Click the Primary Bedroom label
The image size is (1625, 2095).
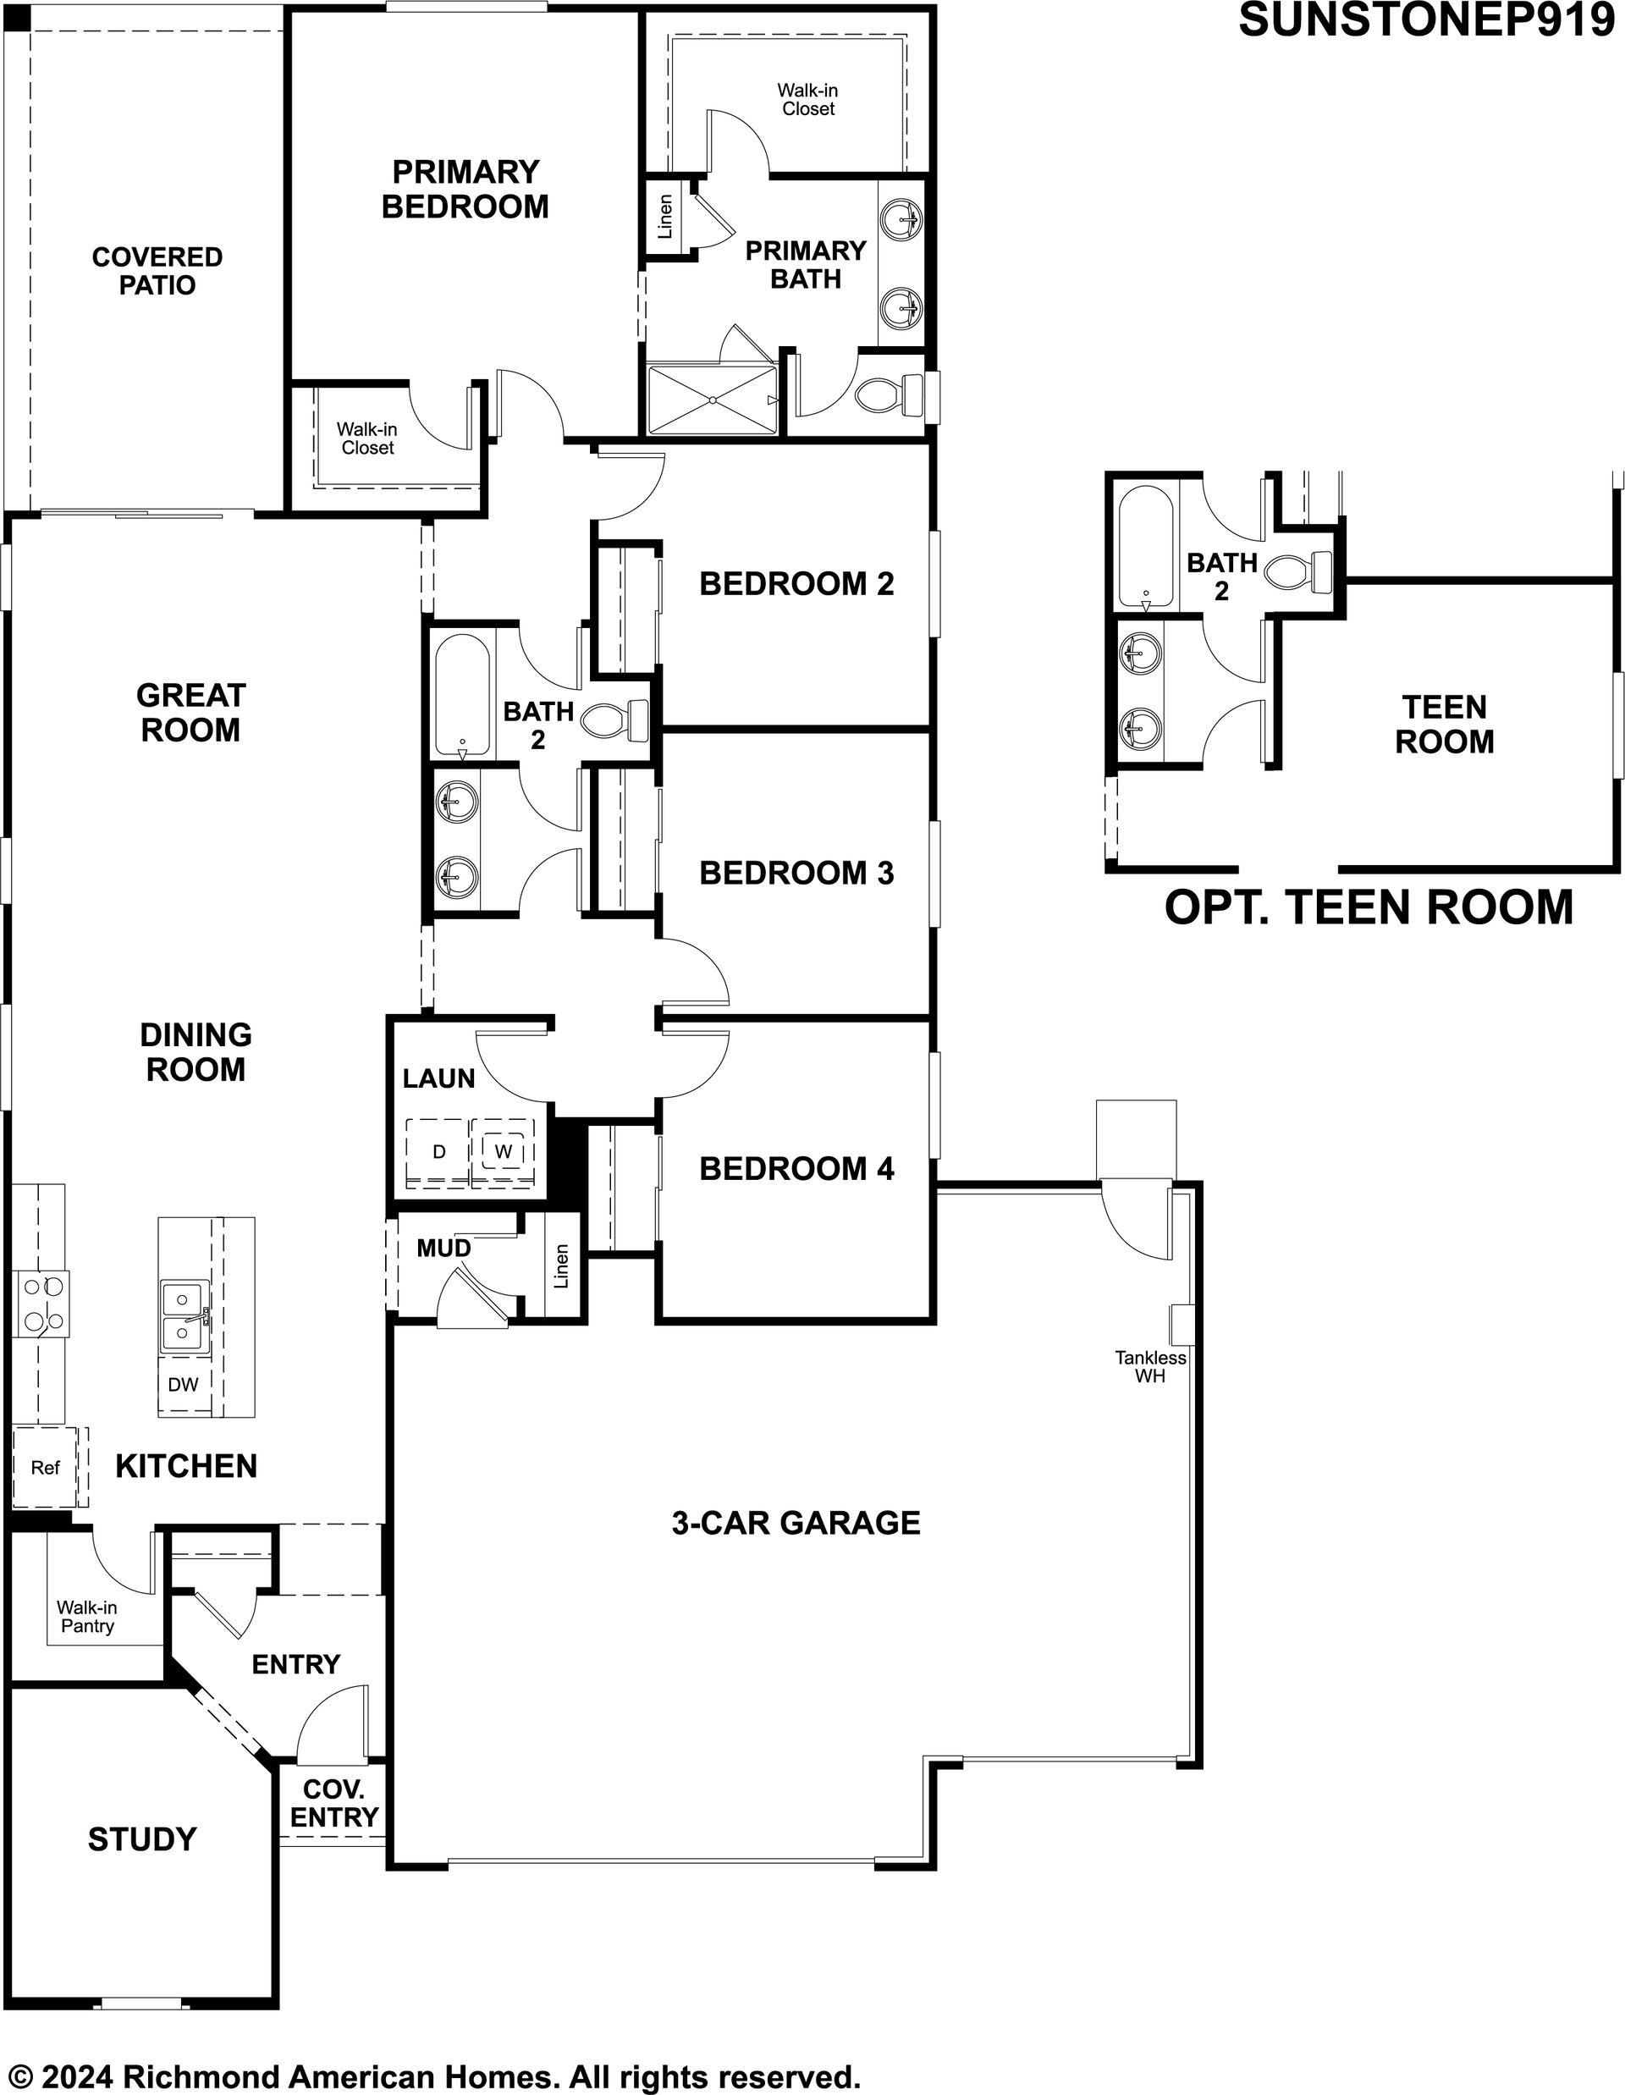[x=465, y=189]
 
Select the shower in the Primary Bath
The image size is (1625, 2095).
[x=712, y=399]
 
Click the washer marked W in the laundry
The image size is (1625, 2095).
[x=503, y=1151]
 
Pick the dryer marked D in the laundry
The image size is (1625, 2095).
[x=438, y=1151]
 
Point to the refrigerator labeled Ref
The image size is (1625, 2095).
[x=45, y=1467]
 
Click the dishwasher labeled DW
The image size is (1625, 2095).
[x=183, y=1384]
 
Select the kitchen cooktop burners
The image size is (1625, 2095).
[x=41, y=1304]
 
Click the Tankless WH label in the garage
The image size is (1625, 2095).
[x=1150, y=1366]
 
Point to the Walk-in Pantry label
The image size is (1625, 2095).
[x=86, y=1617]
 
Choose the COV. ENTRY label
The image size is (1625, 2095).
[x=333, y=1803]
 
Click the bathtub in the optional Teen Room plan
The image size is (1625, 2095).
[x=1144, y=547]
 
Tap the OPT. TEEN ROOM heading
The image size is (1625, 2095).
[x=1369, y=907]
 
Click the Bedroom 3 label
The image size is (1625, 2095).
[x=796, y=873]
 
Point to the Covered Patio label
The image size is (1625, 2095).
[x=157, y=271]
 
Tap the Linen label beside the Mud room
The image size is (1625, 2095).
[x=562, y=1265]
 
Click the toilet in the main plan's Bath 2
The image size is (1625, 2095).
[x=616, y=720]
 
